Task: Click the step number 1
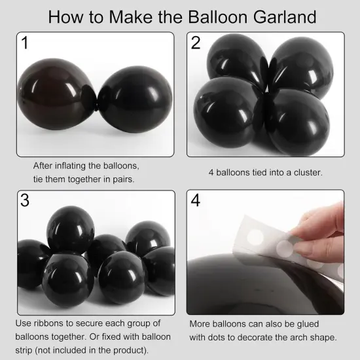[25, 44]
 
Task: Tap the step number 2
[196, 44]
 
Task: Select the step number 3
[25, 200]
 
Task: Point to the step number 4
[196, 200]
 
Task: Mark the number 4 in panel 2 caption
[211, 173]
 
